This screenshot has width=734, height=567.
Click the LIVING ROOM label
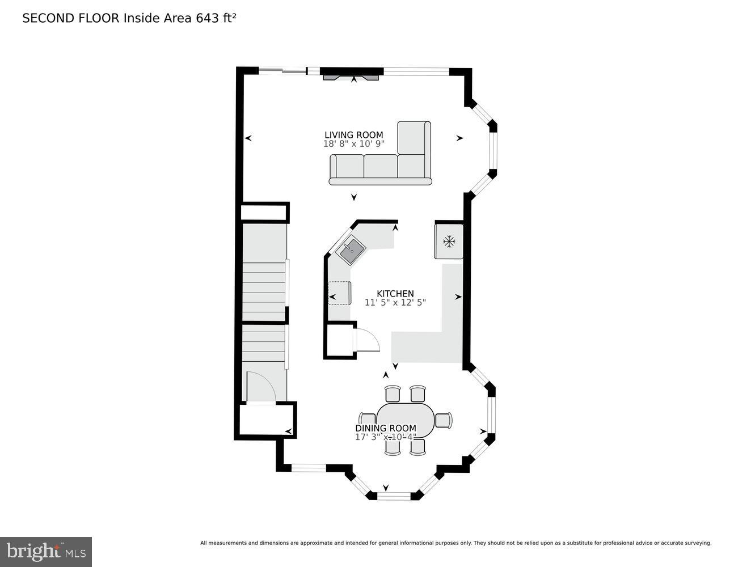tap(353, 135)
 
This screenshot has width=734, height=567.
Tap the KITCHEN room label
tap(395, 294)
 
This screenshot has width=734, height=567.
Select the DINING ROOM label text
tap(386, 428)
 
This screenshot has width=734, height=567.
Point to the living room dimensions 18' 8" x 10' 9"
tap(353, 144)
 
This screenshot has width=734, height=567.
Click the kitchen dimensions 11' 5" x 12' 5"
tap(395, 302)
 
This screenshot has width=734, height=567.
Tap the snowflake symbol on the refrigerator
tap(449, 242)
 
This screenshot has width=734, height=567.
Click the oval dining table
tap(406, 420)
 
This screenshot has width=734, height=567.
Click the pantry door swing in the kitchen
tap(367, 340)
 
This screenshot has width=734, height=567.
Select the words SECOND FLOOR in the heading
tap(71, 18)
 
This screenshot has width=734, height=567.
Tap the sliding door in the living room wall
tap(282, 70)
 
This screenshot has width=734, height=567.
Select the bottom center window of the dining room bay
tap(394, 496)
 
